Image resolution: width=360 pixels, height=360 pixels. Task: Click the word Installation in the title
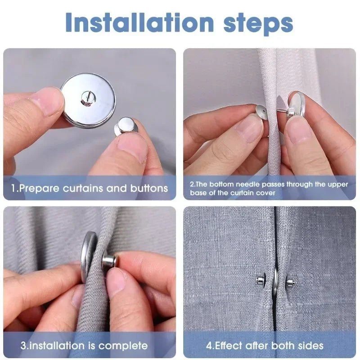coord(139,22)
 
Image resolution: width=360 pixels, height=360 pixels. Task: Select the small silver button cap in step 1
coord(126,126)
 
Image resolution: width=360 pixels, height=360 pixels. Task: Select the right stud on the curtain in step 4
coord(290,283)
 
